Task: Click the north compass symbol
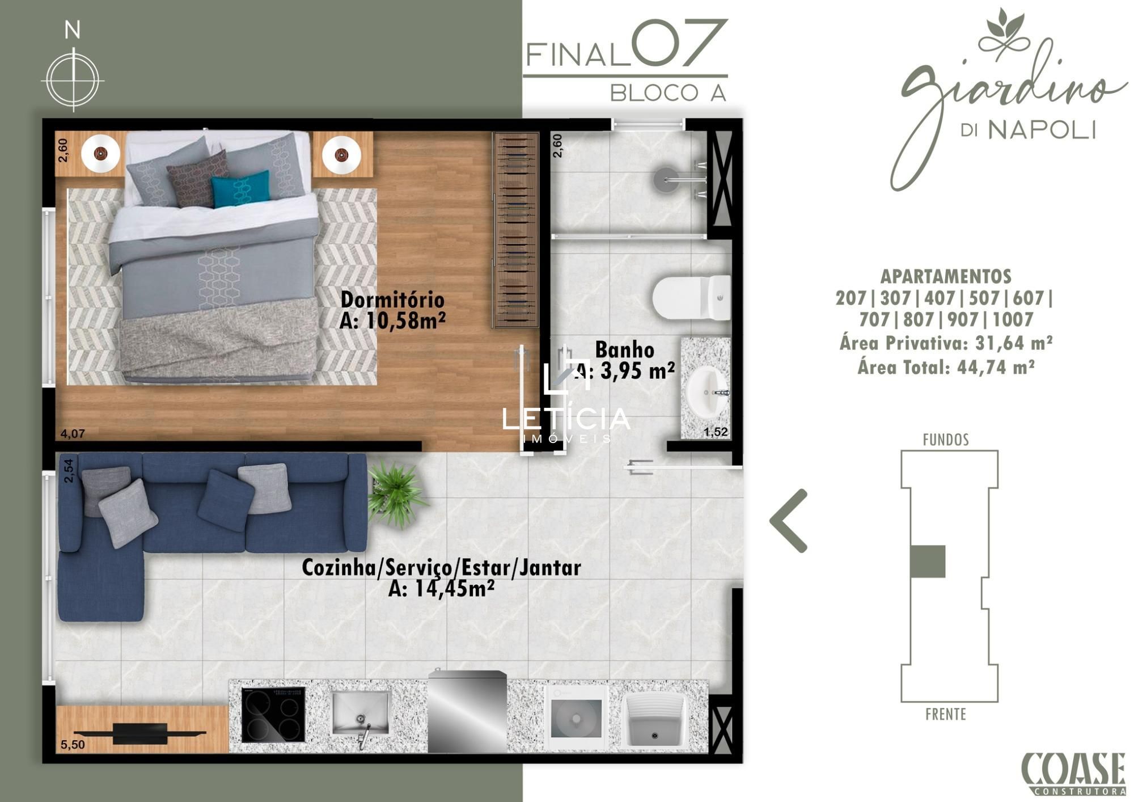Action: click(x=73, y=79)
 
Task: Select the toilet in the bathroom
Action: click(x=691, y=298)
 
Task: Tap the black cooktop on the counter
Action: click(x=273, y=715)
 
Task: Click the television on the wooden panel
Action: click(x=140, y=733)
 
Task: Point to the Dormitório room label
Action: click(x=392, y=299)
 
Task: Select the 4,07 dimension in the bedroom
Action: click(x=73, y=434)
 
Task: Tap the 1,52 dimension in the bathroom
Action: click(x=716, y=432)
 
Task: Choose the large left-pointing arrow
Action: click(x=789, y=521)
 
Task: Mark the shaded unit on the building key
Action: click(x=928, y=561)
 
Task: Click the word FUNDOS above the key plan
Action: click(x=946, y=440)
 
